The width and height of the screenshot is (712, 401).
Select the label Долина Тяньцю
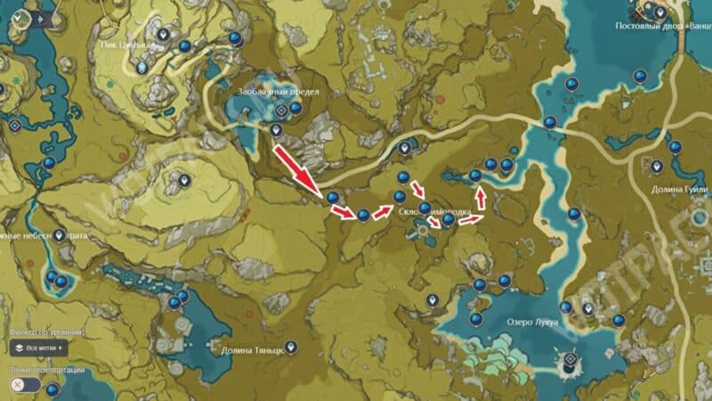click(254, 350)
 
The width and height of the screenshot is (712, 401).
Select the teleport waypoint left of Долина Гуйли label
click(658, 166)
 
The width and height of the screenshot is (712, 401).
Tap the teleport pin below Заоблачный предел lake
click(276, 131)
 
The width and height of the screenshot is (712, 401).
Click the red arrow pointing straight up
click(481, 194)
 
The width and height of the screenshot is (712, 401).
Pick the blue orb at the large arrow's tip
click(332, 197)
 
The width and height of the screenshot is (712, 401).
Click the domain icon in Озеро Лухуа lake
click(566, 362)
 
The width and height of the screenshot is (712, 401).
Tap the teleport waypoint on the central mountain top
click(184, 180)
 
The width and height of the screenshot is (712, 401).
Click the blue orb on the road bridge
click(550, 122)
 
